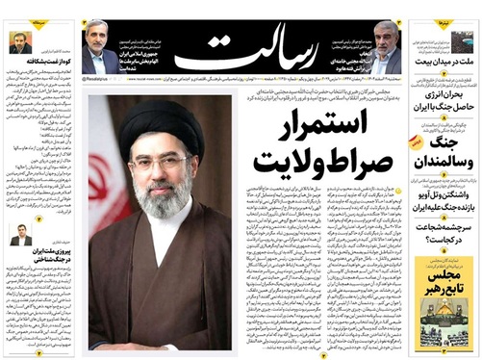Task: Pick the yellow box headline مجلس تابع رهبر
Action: [x=442, y=285]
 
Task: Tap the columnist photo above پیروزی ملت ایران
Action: [x=20, y=233]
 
